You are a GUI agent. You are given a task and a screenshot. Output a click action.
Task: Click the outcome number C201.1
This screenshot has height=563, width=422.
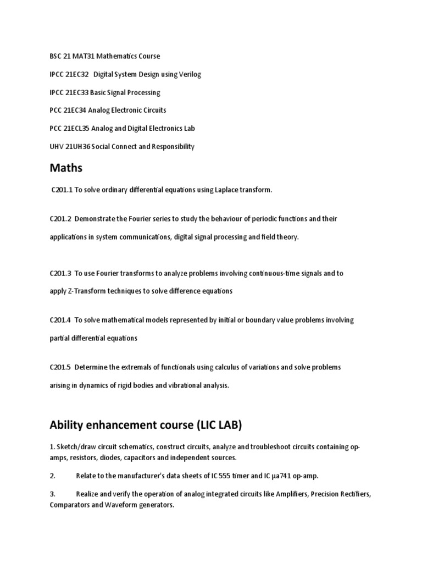point(62,190)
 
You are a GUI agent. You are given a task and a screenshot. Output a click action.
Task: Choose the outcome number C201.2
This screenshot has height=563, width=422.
point(60,219)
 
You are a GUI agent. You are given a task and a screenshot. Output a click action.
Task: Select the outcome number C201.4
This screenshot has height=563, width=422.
point(60,320)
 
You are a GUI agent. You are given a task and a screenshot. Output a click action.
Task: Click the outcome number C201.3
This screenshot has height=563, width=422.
point(60,273)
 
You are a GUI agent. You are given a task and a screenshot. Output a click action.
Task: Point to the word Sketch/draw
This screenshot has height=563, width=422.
point(75,448)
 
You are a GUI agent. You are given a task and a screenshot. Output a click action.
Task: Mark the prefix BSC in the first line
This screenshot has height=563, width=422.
point(55,56)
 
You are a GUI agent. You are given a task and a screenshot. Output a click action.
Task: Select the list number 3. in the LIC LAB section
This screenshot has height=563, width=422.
point(52,494)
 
